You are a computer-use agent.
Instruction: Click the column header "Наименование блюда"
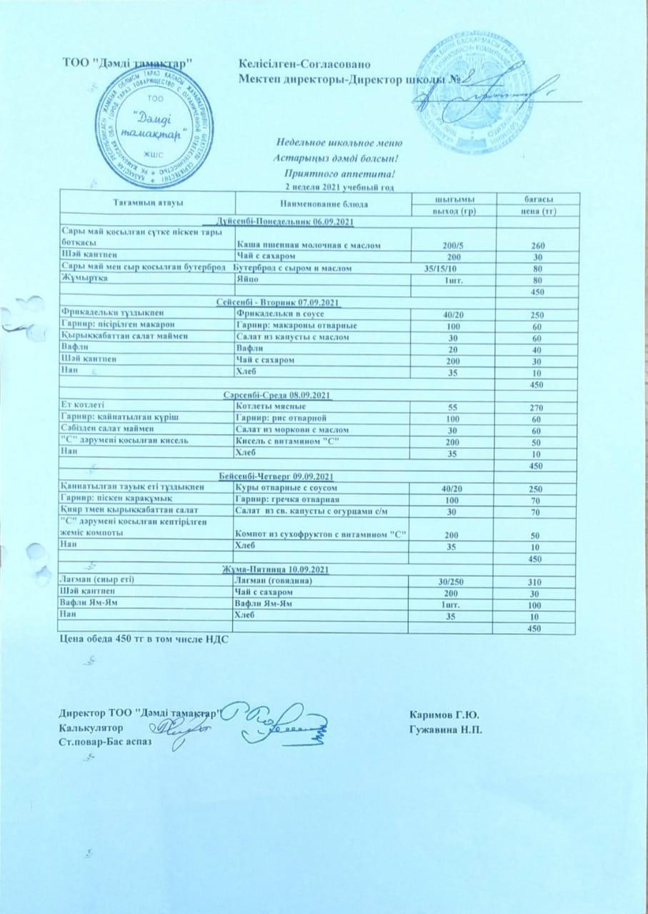324,204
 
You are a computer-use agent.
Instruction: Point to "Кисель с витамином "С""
286,441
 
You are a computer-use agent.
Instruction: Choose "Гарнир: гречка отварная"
286,499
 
